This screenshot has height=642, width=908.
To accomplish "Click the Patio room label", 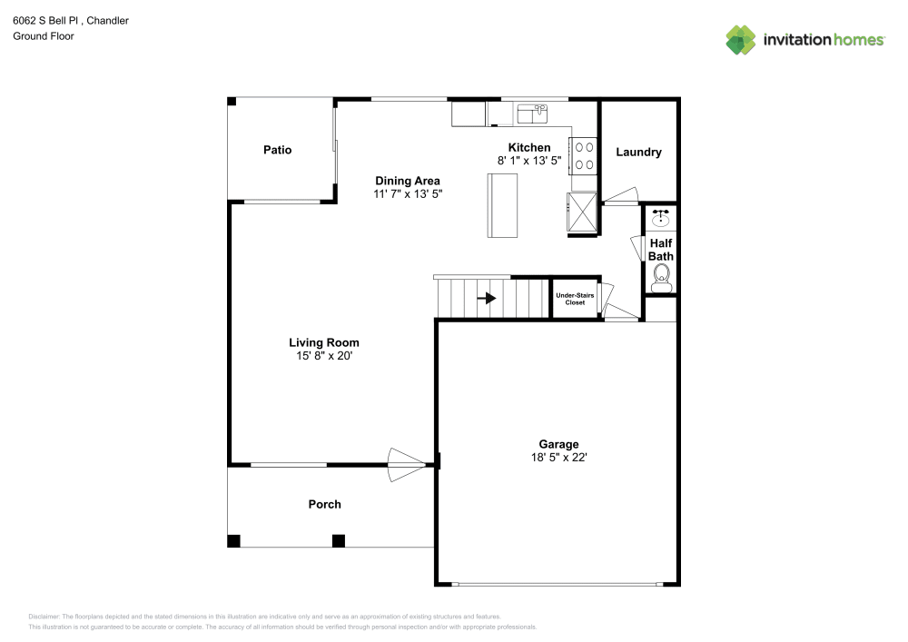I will point(277,150).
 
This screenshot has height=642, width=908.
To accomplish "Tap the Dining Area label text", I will point(408,181).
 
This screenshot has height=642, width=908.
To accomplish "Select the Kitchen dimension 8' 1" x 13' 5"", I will point(528,161).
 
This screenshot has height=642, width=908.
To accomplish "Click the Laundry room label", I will point(638,152).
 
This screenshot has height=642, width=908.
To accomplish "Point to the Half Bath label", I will point(660,250).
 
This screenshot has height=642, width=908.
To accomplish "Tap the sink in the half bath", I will point(661,218).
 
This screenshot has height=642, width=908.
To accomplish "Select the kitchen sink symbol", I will point(532,114).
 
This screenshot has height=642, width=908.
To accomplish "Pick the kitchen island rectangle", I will point(502,205).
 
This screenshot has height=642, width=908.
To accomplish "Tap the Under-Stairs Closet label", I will point(575,299).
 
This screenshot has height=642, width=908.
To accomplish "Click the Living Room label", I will point(324,342).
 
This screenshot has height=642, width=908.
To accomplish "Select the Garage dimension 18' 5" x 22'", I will point(558,458).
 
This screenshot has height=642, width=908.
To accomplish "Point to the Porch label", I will point(324,504).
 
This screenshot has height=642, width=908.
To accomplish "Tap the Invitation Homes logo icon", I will point(740,40).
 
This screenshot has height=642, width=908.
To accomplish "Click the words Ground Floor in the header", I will point(44,36).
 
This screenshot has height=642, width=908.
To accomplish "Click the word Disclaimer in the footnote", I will point(44,616).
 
